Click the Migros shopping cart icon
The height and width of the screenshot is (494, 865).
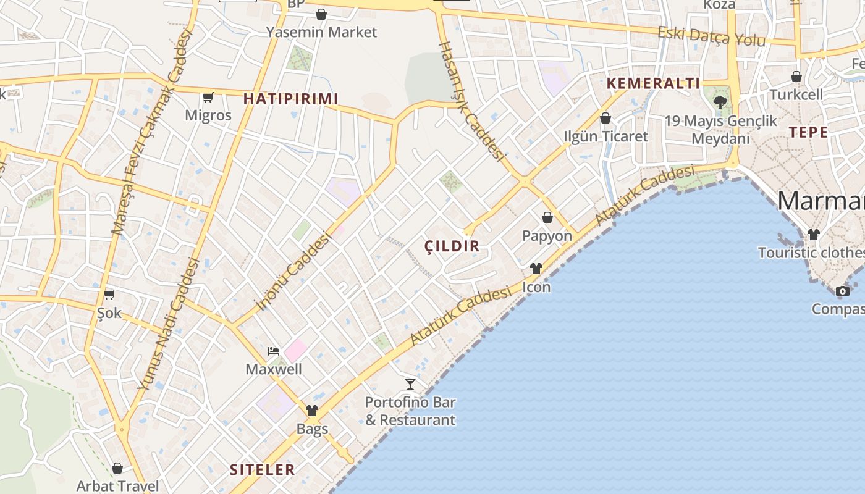(x=208, y=97)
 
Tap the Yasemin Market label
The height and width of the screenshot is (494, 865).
(x=321, y=31)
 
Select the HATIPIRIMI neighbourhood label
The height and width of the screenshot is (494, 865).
(x=290, y=99)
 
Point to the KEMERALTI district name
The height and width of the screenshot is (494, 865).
(x=654, y=84)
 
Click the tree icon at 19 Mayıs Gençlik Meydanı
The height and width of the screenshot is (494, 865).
(x=720, y=102)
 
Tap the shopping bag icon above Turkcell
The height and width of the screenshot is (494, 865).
(x=796, y=77)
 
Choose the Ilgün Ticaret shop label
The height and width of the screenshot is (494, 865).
(x=605, y=136)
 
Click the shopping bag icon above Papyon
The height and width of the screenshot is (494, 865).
(x=547, y=217)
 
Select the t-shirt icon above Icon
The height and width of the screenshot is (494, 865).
(x=536, y=269)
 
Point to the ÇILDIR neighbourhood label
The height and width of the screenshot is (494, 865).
(x=452, y=246)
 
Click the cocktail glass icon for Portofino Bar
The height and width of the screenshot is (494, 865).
(x=410, y=384)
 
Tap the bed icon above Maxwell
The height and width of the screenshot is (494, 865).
(x=274, y=351)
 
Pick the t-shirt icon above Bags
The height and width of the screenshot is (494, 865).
(x=312, y=411)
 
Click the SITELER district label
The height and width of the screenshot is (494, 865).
(x=263, y=469)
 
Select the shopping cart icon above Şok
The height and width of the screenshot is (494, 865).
(x=109, y=295)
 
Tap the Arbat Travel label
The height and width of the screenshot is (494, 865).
(x=117, y=486)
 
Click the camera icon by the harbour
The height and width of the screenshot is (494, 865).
(x=842, y=291)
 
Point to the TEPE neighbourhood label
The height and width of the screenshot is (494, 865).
(x=808, y=132)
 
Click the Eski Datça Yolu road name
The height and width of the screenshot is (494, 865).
(x=711, y=36)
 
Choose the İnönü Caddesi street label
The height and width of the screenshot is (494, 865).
(x=295, y=271)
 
